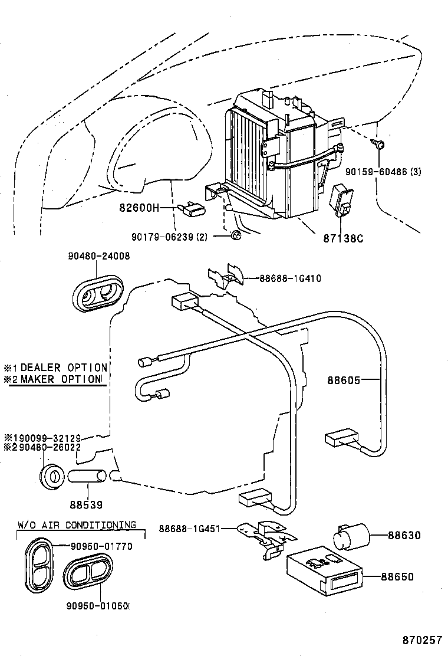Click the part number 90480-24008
(x=99, y=256)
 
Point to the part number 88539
(x=86, y=505)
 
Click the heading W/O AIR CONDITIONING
(x=76, y=524)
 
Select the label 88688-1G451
(x=188, y=529)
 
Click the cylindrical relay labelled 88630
(x=351, y=536)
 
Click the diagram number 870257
(x=422, y=640)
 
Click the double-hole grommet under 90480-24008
(x=98, y=291)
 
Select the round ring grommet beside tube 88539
(x=51, y=475)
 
